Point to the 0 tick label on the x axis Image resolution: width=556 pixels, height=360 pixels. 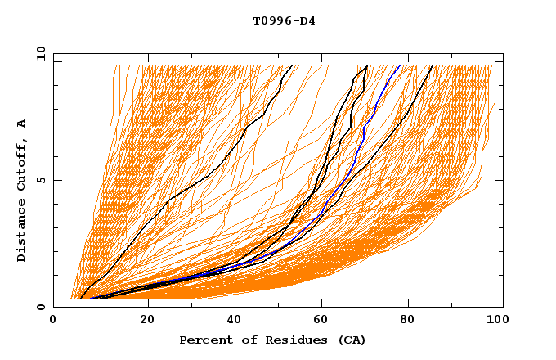click(53, 321)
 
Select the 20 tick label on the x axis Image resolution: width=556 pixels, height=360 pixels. click(147, 321)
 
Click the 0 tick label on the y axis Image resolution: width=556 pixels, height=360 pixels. click(41, 308)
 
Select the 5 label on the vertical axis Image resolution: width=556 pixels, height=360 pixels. click(41, 180)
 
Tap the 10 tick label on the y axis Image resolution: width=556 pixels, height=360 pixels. click(38, 52)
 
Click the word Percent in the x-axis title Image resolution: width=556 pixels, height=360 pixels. click(204, 340)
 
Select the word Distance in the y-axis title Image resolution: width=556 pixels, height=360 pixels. click(21, 232)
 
